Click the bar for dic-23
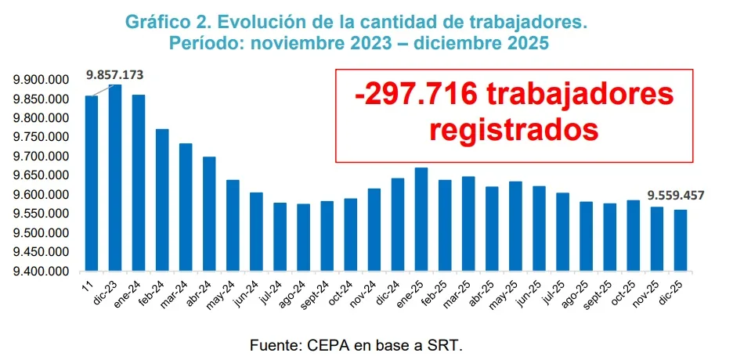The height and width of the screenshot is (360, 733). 115,178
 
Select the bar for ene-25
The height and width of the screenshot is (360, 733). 421,220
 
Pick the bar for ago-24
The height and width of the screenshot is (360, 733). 303,238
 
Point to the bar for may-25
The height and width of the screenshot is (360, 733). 515,227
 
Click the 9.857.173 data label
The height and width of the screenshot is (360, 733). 115,75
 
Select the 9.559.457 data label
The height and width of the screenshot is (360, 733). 675,195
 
